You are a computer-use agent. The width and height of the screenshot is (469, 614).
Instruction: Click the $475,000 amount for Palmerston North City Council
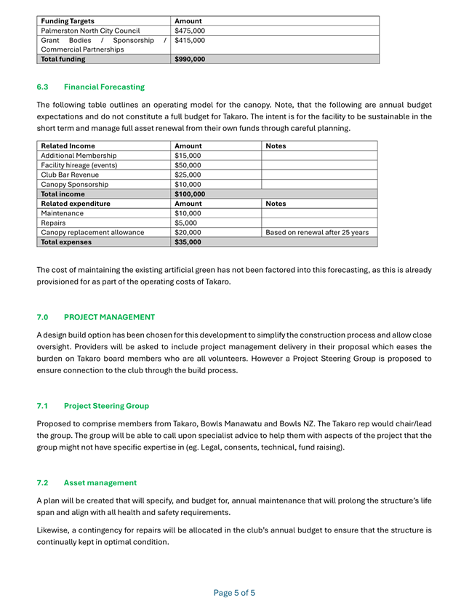pyautogui.click(x=190, y=31)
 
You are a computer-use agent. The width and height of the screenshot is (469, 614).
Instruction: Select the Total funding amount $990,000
pyautogui.click(x=190, y=59)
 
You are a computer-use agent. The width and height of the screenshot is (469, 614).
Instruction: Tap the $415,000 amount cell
pyautogui.click(x=190, y=41)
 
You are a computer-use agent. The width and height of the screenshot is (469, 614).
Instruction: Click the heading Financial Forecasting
pyautogui.click(x=104, y=87)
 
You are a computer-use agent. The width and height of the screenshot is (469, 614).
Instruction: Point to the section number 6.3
pyautogui.click(x=42, y=87)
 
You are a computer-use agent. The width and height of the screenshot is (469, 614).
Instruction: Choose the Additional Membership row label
pyautogui.click(x=79, y=156)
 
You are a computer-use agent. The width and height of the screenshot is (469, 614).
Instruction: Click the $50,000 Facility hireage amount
pyautogui.click(x=188, y=165)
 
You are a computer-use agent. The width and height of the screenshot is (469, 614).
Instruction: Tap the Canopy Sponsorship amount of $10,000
pyautogui.click(x=188, y=185)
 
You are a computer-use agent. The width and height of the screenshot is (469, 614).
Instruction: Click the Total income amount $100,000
pyautogui.click(x=190, y=194)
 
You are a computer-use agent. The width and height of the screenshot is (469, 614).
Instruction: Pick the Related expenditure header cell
pyautogui.click(x=76, y=204)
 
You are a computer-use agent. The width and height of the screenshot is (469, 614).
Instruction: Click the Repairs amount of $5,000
pyautogui.click(x=185, y=223)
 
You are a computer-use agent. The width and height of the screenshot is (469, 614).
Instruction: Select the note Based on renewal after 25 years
pyautogui.click(x=317, y=233)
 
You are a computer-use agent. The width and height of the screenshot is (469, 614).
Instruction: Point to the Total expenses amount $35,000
pyautogui.click(x=188, y=242)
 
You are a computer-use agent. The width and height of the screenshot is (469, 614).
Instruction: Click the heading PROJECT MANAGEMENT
pyautogui.click(x=109, y=317)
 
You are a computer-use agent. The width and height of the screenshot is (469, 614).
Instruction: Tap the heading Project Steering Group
pyautogui.click(x=106, y=405)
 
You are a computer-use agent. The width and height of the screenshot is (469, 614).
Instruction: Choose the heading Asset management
pyautogui.click(x=100, y=482)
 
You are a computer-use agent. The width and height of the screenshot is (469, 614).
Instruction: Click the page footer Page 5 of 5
pyautogui.click(x=234, y=593)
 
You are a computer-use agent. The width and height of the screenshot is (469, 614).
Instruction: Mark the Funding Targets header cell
pyautogui.click(x=68, y=21)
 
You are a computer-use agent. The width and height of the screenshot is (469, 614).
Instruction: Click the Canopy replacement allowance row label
pyautogui.click(x=92, y=233)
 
